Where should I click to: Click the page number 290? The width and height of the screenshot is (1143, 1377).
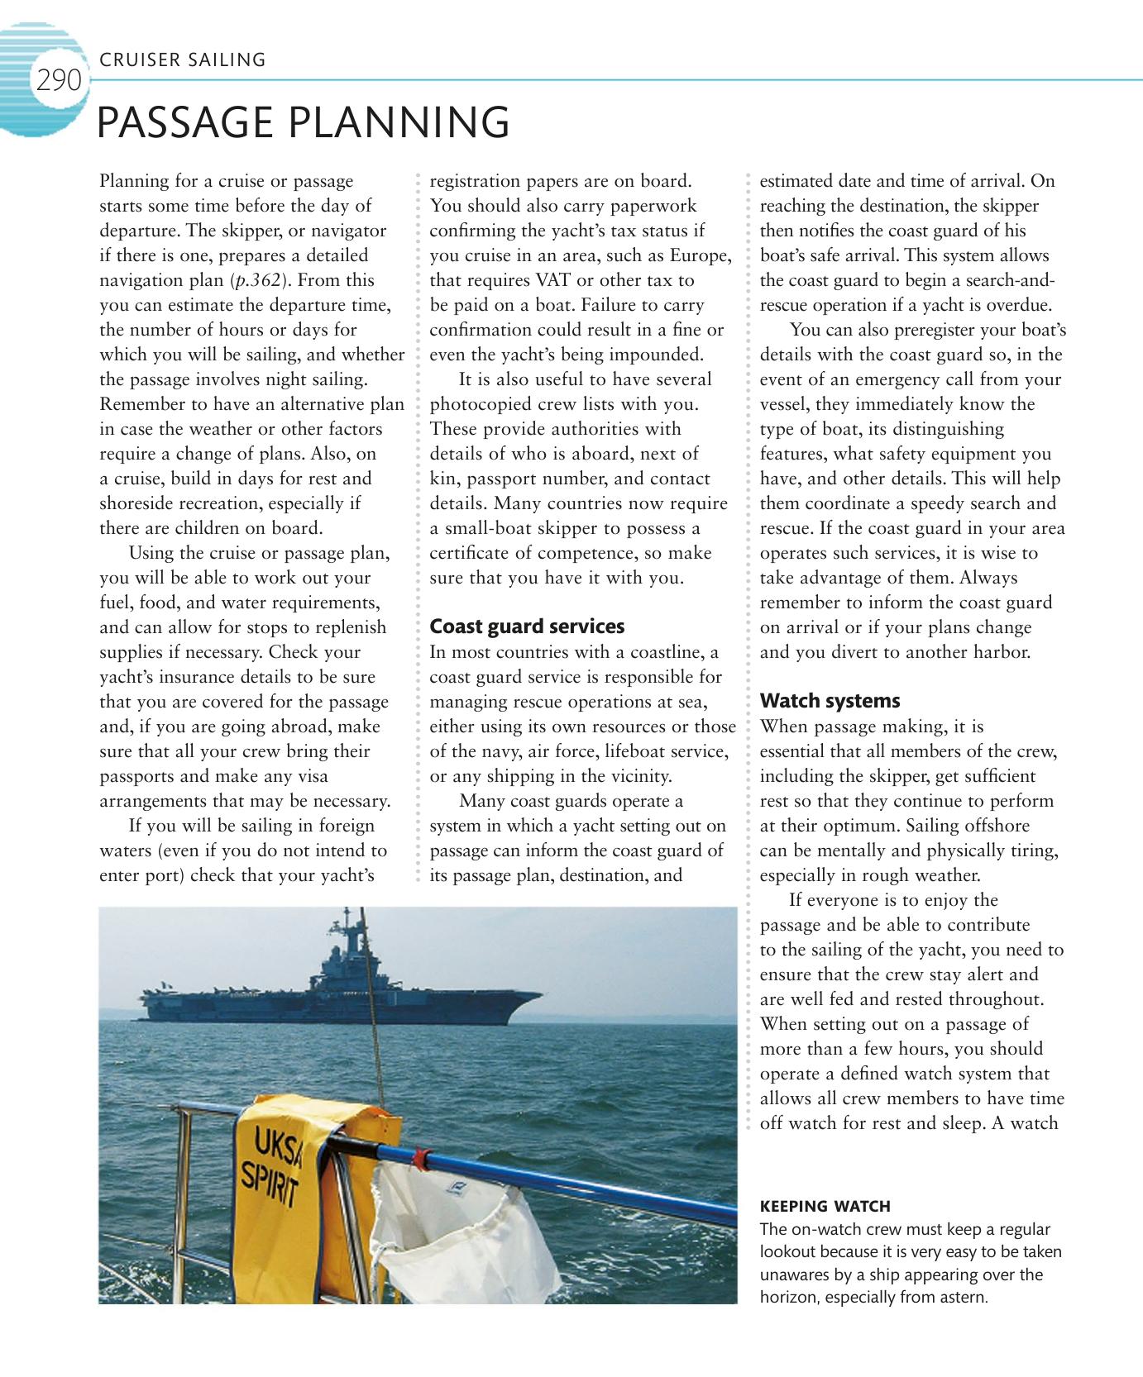pos(59,81)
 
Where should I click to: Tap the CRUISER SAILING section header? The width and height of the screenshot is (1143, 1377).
pos(182,60)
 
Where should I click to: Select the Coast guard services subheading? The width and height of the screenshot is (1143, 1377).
pos(527,627)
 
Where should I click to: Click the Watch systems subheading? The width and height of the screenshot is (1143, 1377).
pos(830,701)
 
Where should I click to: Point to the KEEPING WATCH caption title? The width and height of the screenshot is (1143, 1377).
pos(825,1206)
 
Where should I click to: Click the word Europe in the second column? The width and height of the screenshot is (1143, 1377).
pos(699,255)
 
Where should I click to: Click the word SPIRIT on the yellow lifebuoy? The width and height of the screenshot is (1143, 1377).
pos(269,1183)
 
